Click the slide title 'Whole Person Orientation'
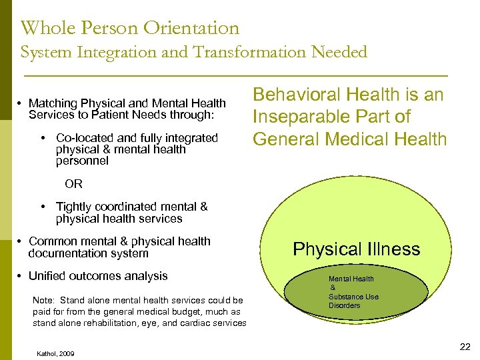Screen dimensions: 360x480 tap(130, 28)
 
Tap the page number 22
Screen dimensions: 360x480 tap(465, 347)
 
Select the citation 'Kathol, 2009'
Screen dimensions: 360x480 tap(56, 353)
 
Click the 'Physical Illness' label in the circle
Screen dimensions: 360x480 tap(357, 249)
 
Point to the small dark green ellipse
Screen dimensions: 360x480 tap(357, 293)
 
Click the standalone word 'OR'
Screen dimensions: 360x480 tap(73, 184)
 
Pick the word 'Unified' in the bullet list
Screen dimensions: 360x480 tap(49, 276)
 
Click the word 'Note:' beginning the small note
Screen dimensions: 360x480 tap(43, 301)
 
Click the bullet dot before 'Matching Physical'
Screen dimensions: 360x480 tap(21, 103)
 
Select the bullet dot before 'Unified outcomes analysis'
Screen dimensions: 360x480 tap(21, 276)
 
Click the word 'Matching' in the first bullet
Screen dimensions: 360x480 tap(53, 103)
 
